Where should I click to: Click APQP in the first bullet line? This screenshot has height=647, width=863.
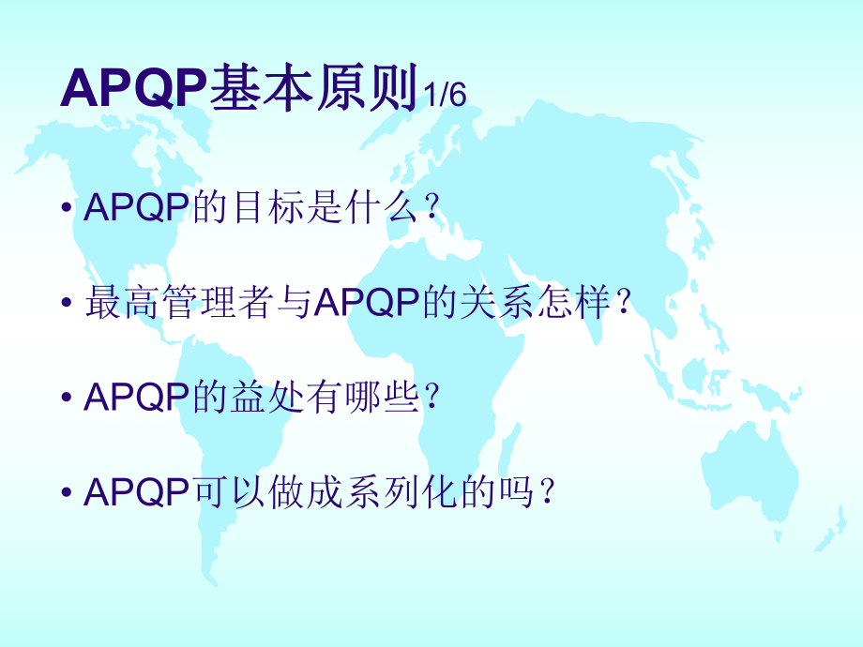tap(137, 208)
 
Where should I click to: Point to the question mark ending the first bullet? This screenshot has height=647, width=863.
tap(431, 208)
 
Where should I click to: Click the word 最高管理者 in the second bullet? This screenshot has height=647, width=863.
tap(178, 304)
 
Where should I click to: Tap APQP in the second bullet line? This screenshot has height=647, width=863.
tap(365, 304)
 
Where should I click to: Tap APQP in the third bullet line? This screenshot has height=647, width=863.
tap(137, 398)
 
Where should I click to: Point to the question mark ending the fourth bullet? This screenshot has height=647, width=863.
tap(545, 492)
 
